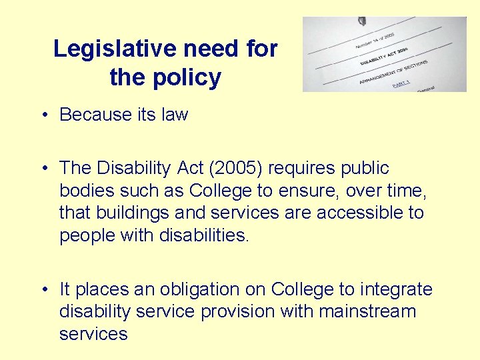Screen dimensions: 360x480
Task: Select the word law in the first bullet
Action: click(175, 115)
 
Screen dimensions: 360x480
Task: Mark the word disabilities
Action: click(204, 235)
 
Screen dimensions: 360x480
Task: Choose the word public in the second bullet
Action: click(360, 168)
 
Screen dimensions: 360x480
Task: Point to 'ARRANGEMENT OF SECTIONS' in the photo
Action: click(393, 71)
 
